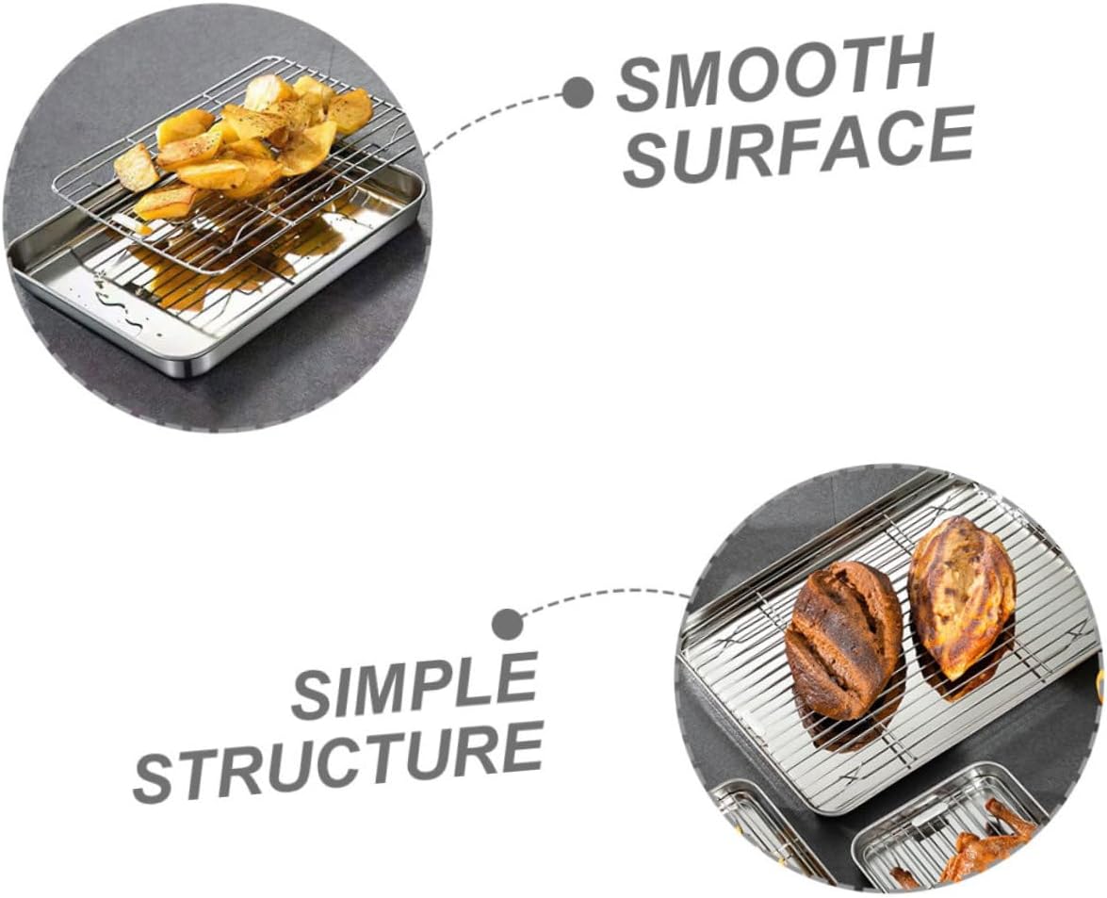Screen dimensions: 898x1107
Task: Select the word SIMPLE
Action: [415, 687]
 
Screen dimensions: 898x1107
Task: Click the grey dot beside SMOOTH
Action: [578, 92]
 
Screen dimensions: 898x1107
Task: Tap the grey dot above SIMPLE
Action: [508, 623]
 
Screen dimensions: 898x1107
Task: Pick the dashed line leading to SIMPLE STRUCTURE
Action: [603, 595]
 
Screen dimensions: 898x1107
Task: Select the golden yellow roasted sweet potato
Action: [961, 593]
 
